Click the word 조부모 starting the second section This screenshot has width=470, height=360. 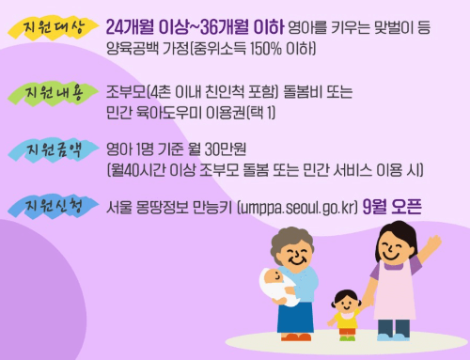coord(126,91)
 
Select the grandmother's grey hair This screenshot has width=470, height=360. coord(300,245)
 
